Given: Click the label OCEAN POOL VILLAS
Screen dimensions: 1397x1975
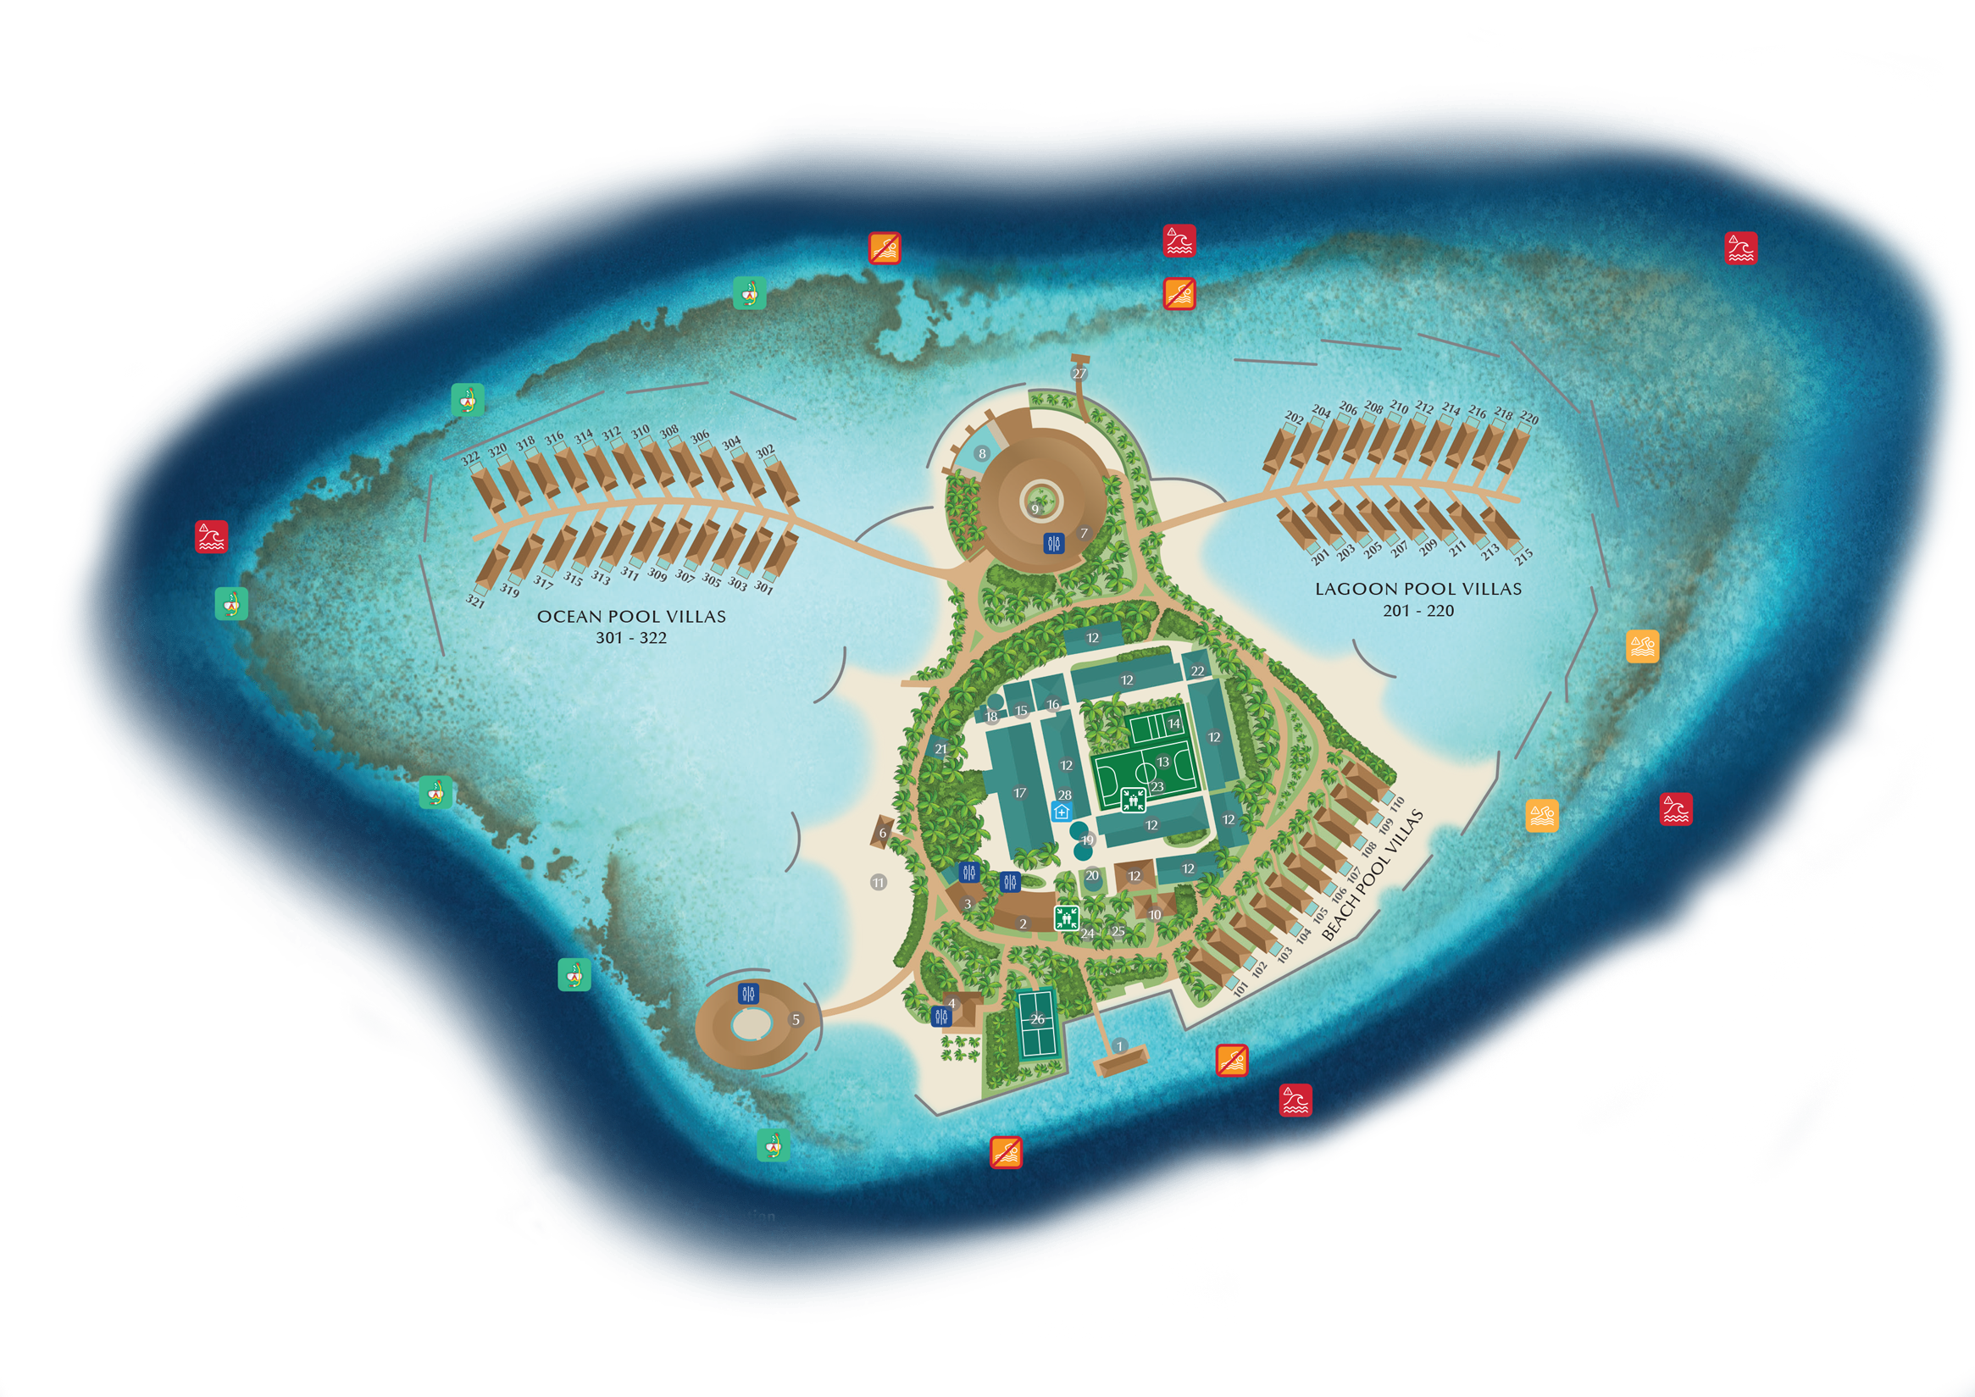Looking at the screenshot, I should pyautogui.click(x=630, y=616).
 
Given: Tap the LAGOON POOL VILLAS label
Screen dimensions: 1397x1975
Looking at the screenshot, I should pyautogui.click(x=1417, y=589).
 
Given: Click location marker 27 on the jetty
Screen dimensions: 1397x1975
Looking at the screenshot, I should pyautogui.click(x=1079, y=374).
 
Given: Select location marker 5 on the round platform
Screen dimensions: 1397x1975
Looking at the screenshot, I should pyautogui.click(x=796, y=1019).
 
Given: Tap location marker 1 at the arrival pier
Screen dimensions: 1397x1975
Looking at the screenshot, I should pyautogui.click(x=1119, y=1046).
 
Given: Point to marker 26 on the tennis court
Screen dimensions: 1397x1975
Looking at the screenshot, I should pyautogui.click(x=1037, y=1019).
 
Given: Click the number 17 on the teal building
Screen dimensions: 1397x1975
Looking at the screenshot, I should pyautogui.click(x=1020, y=793).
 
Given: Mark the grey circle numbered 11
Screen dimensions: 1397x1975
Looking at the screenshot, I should pyautogui.click(x=879, y=883).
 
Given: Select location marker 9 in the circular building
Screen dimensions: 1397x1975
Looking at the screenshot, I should pyautogui.click(x=1035, y=508).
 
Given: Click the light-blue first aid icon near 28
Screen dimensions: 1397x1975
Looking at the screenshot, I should pyautogui.click(x=1062, y=812).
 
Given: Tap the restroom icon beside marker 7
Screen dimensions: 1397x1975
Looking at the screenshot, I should pyautogui.click(x=1054, y=543).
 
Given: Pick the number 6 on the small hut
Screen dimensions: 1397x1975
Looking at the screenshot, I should pyautogui.click(x=883, y=833).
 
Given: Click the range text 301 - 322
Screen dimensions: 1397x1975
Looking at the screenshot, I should pyautogui.click(x=630, y=637).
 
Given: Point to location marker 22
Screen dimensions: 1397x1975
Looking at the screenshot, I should pyautogui.click(x=1197, y=671).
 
